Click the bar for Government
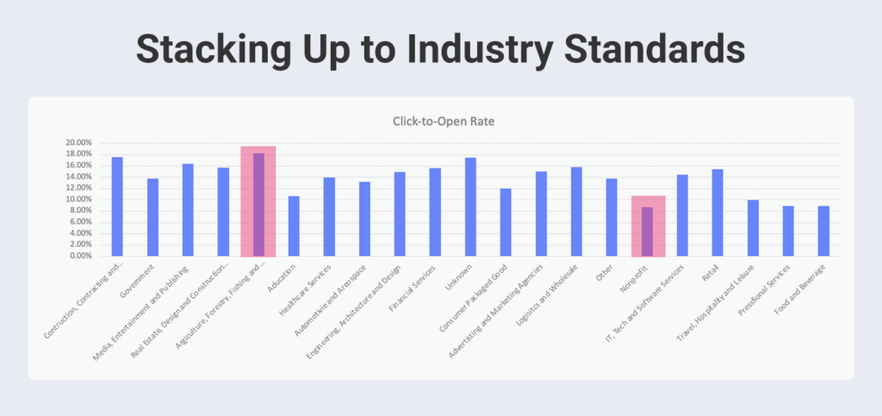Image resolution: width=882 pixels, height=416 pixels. (152, 217)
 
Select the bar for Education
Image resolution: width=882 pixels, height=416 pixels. (294, 226)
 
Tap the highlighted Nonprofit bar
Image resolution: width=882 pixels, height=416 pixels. (647, 231)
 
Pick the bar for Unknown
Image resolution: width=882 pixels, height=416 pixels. (470, 207)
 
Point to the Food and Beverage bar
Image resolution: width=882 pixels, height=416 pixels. (823, 231)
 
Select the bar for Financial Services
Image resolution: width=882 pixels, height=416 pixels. (435, 212)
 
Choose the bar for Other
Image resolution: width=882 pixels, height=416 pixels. (612, 217)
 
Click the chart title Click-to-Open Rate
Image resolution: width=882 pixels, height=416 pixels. (440, 121)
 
